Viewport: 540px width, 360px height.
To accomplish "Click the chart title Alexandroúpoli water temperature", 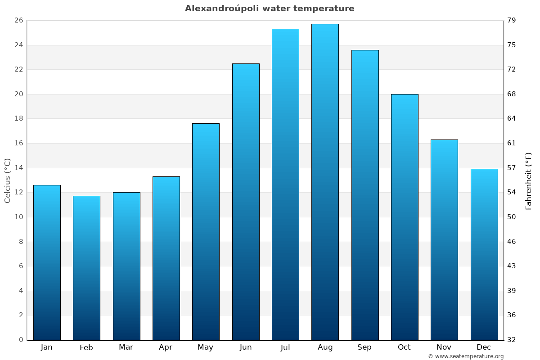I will coord(270,9).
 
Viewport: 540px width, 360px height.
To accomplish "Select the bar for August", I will coord(325,182).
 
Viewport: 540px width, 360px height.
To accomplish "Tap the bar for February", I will coord(86,268).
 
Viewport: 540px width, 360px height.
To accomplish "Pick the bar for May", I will coord(206,231).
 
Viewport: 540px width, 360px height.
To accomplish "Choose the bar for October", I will coord(405,217).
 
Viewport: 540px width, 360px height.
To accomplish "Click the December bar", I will coord(484,254).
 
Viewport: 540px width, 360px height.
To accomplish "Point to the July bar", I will coord(285,184).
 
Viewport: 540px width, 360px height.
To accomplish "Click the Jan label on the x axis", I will coord(47,347).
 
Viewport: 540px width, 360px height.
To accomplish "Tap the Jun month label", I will coord(246,347).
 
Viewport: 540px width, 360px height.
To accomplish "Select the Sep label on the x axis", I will coord(364,347).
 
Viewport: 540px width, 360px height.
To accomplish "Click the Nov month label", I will coord(444,347).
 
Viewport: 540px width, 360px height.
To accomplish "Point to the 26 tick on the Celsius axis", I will coord(19,21).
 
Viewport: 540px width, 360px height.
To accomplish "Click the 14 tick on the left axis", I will coord(19,168).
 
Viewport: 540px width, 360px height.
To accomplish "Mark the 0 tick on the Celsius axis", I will coord(21,340).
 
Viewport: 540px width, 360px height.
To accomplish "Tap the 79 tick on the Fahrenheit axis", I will coord(512,21).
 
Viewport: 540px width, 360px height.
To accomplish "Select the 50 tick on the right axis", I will coord(512,217).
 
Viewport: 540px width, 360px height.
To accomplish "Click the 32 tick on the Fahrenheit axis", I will coord(512,340).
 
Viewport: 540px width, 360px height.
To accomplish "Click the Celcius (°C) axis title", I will coord(8,180).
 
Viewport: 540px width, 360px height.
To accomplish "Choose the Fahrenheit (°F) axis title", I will coord(529,180).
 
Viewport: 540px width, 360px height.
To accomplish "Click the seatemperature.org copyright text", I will coord(466,356).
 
